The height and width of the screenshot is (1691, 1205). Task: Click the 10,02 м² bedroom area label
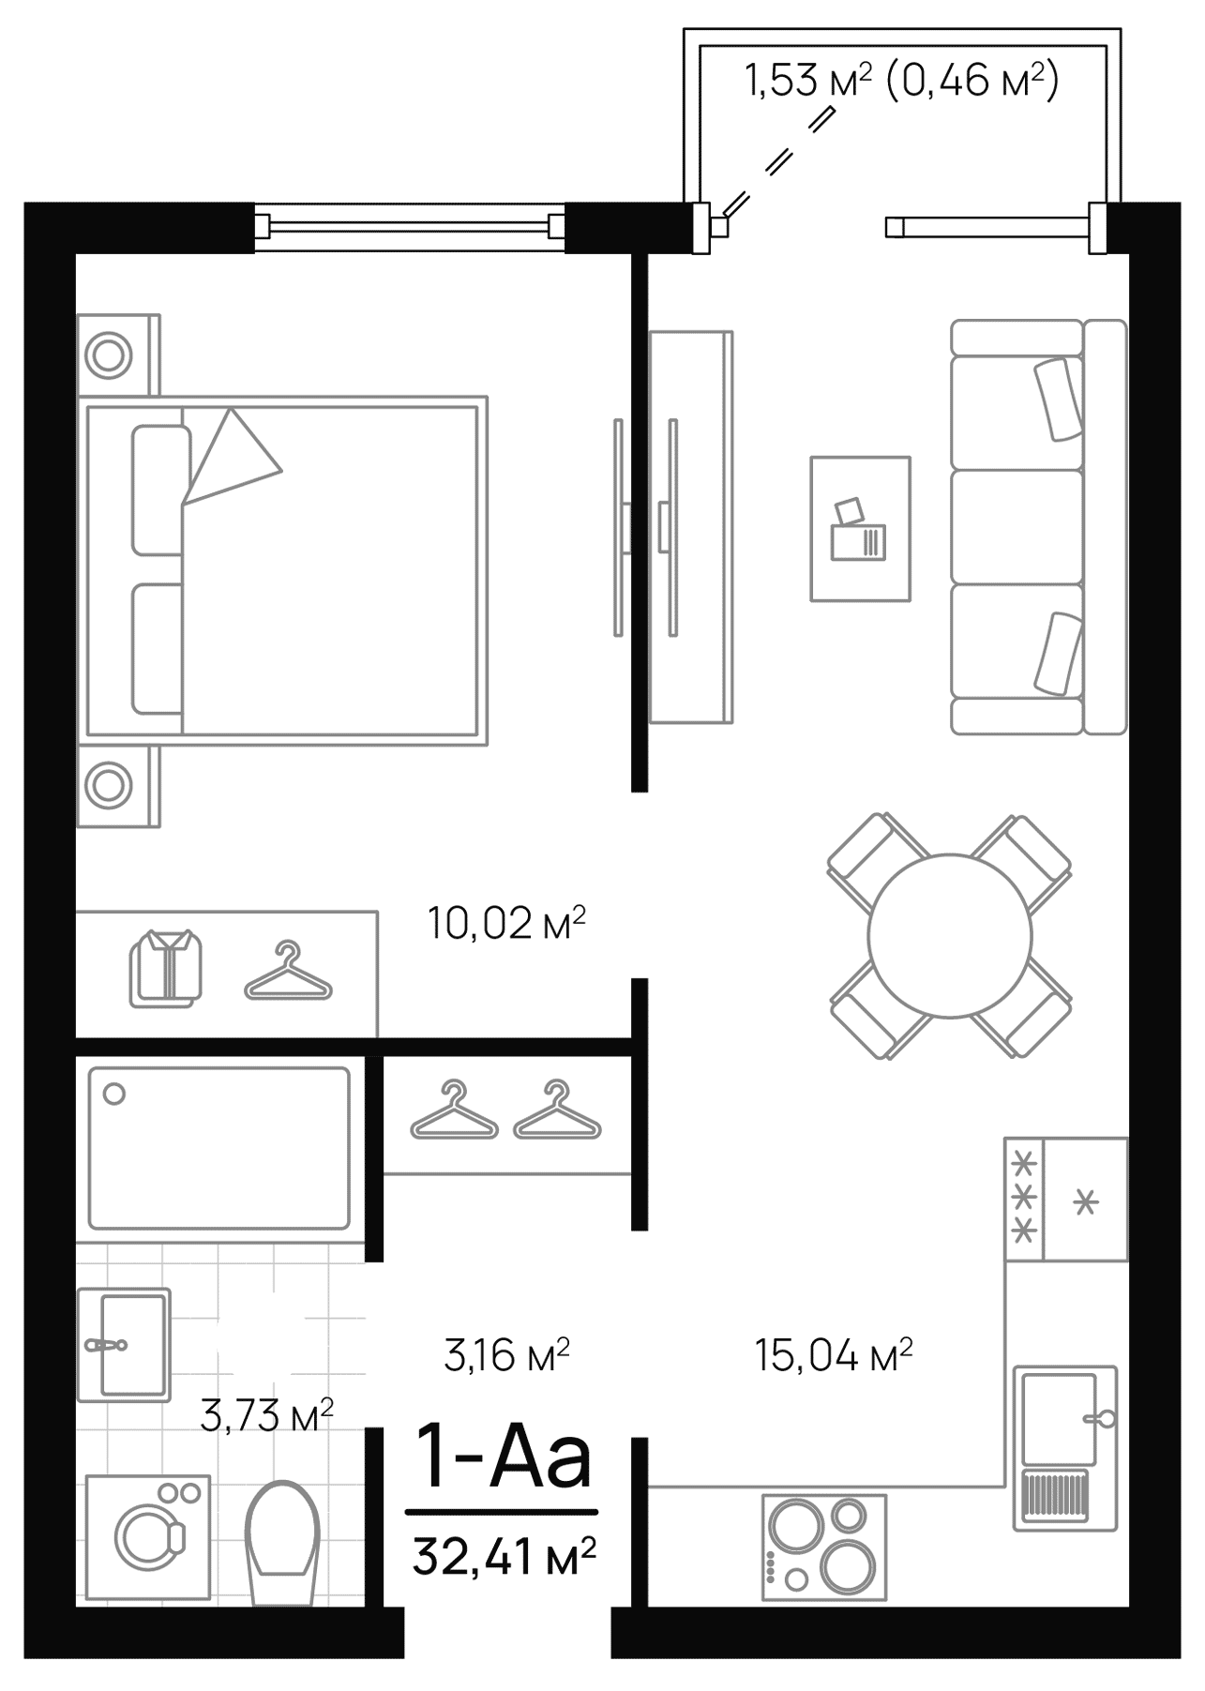[x=506, y=923]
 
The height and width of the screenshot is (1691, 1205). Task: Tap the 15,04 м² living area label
[x=834, y=1355]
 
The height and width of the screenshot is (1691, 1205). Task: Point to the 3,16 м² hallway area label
[x=506, y=1355]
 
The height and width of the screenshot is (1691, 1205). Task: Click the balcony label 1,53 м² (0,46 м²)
[x=901, y=81]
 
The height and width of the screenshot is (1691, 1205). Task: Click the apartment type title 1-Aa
[x=504, y=1458]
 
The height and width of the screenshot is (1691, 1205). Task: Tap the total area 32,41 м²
[x=504, y=1557]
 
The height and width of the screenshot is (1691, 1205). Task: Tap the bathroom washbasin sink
[x=125, y=1344]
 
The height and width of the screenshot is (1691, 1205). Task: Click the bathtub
[x=218, y=1147]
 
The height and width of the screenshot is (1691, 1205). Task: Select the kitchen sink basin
[x=1059, y=1418]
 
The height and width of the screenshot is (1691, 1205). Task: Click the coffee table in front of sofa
[x=860, y=528]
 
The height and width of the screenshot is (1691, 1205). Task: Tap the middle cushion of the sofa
[x=1017, y=526]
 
